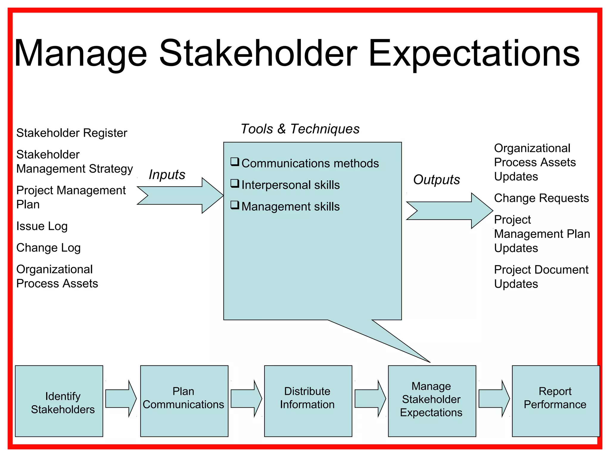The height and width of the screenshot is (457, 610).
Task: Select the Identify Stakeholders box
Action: pyautogui.click(x=59, y=401)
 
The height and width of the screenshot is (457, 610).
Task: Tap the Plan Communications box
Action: pyautogui.click(x=184, y=401)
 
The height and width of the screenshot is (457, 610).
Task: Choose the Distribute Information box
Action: pyautogui.click(x=308, y=401)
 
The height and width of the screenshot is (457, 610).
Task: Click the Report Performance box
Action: pyautogui.click(x=555, y=401)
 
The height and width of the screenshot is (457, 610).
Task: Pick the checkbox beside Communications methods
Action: pyautogui.click(x=235, y=162)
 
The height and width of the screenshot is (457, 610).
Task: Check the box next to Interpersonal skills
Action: pyautogui.click(x=235, y=184)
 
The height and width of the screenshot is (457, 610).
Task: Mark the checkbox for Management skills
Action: pyautogui.click(x=235, y=205)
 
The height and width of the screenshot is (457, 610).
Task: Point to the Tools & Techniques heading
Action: pyautogui.click(x=300, y=129)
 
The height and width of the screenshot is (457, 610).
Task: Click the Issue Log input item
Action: pyautogui.click(x=42, y=226)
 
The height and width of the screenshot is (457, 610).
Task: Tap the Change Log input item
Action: pyautogui.click(x=48, y=248)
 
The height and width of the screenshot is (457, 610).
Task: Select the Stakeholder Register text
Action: pyautogui.click(x=71, y=133)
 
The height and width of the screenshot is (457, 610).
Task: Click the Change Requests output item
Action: pyautogui.click(x=541, y=198)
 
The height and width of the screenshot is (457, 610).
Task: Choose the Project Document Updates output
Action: pyautogui.click(x=541, y=277)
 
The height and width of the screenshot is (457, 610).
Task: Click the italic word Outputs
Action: pyautogui.click(x=436, y=180)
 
